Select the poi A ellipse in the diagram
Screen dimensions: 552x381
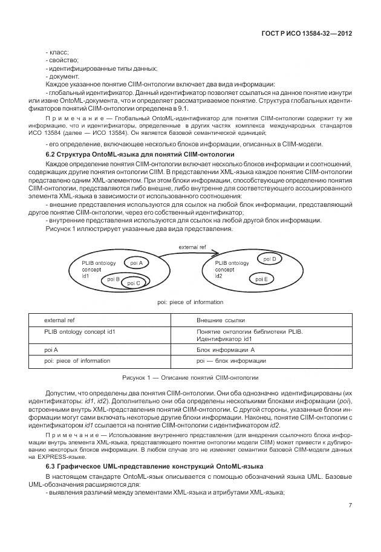pos(136,263)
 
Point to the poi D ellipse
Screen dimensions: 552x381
pos(270,259)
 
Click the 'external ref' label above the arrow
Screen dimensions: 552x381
pos(192,248)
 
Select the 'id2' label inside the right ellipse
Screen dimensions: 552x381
pos(219,275)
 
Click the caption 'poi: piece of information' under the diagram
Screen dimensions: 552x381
pos(190,302)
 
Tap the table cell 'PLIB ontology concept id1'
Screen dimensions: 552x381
pos(79,332)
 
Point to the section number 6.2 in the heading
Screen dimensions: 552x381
pos(51,155)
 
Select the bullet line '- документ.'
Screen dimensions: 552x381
pos(62,76)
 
